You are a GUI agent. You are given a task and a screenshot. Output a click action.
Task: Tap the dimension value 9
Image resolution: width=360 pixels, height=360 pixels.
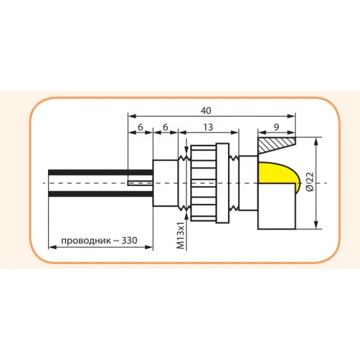tap(275, 127)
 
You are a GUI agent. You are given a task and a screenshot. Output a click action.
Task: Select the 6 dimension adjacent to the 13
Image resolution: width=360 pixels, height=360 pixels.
tap(166, 128)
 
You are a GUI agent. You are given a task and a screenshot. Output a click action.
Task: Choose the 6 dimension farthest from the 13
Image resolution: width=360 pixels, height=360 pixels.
tap(140, 128)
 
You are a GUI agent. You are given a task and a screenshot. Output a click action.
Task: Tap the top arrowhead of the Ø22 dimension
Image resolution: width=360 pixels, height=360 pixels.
tap(316, 140)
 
